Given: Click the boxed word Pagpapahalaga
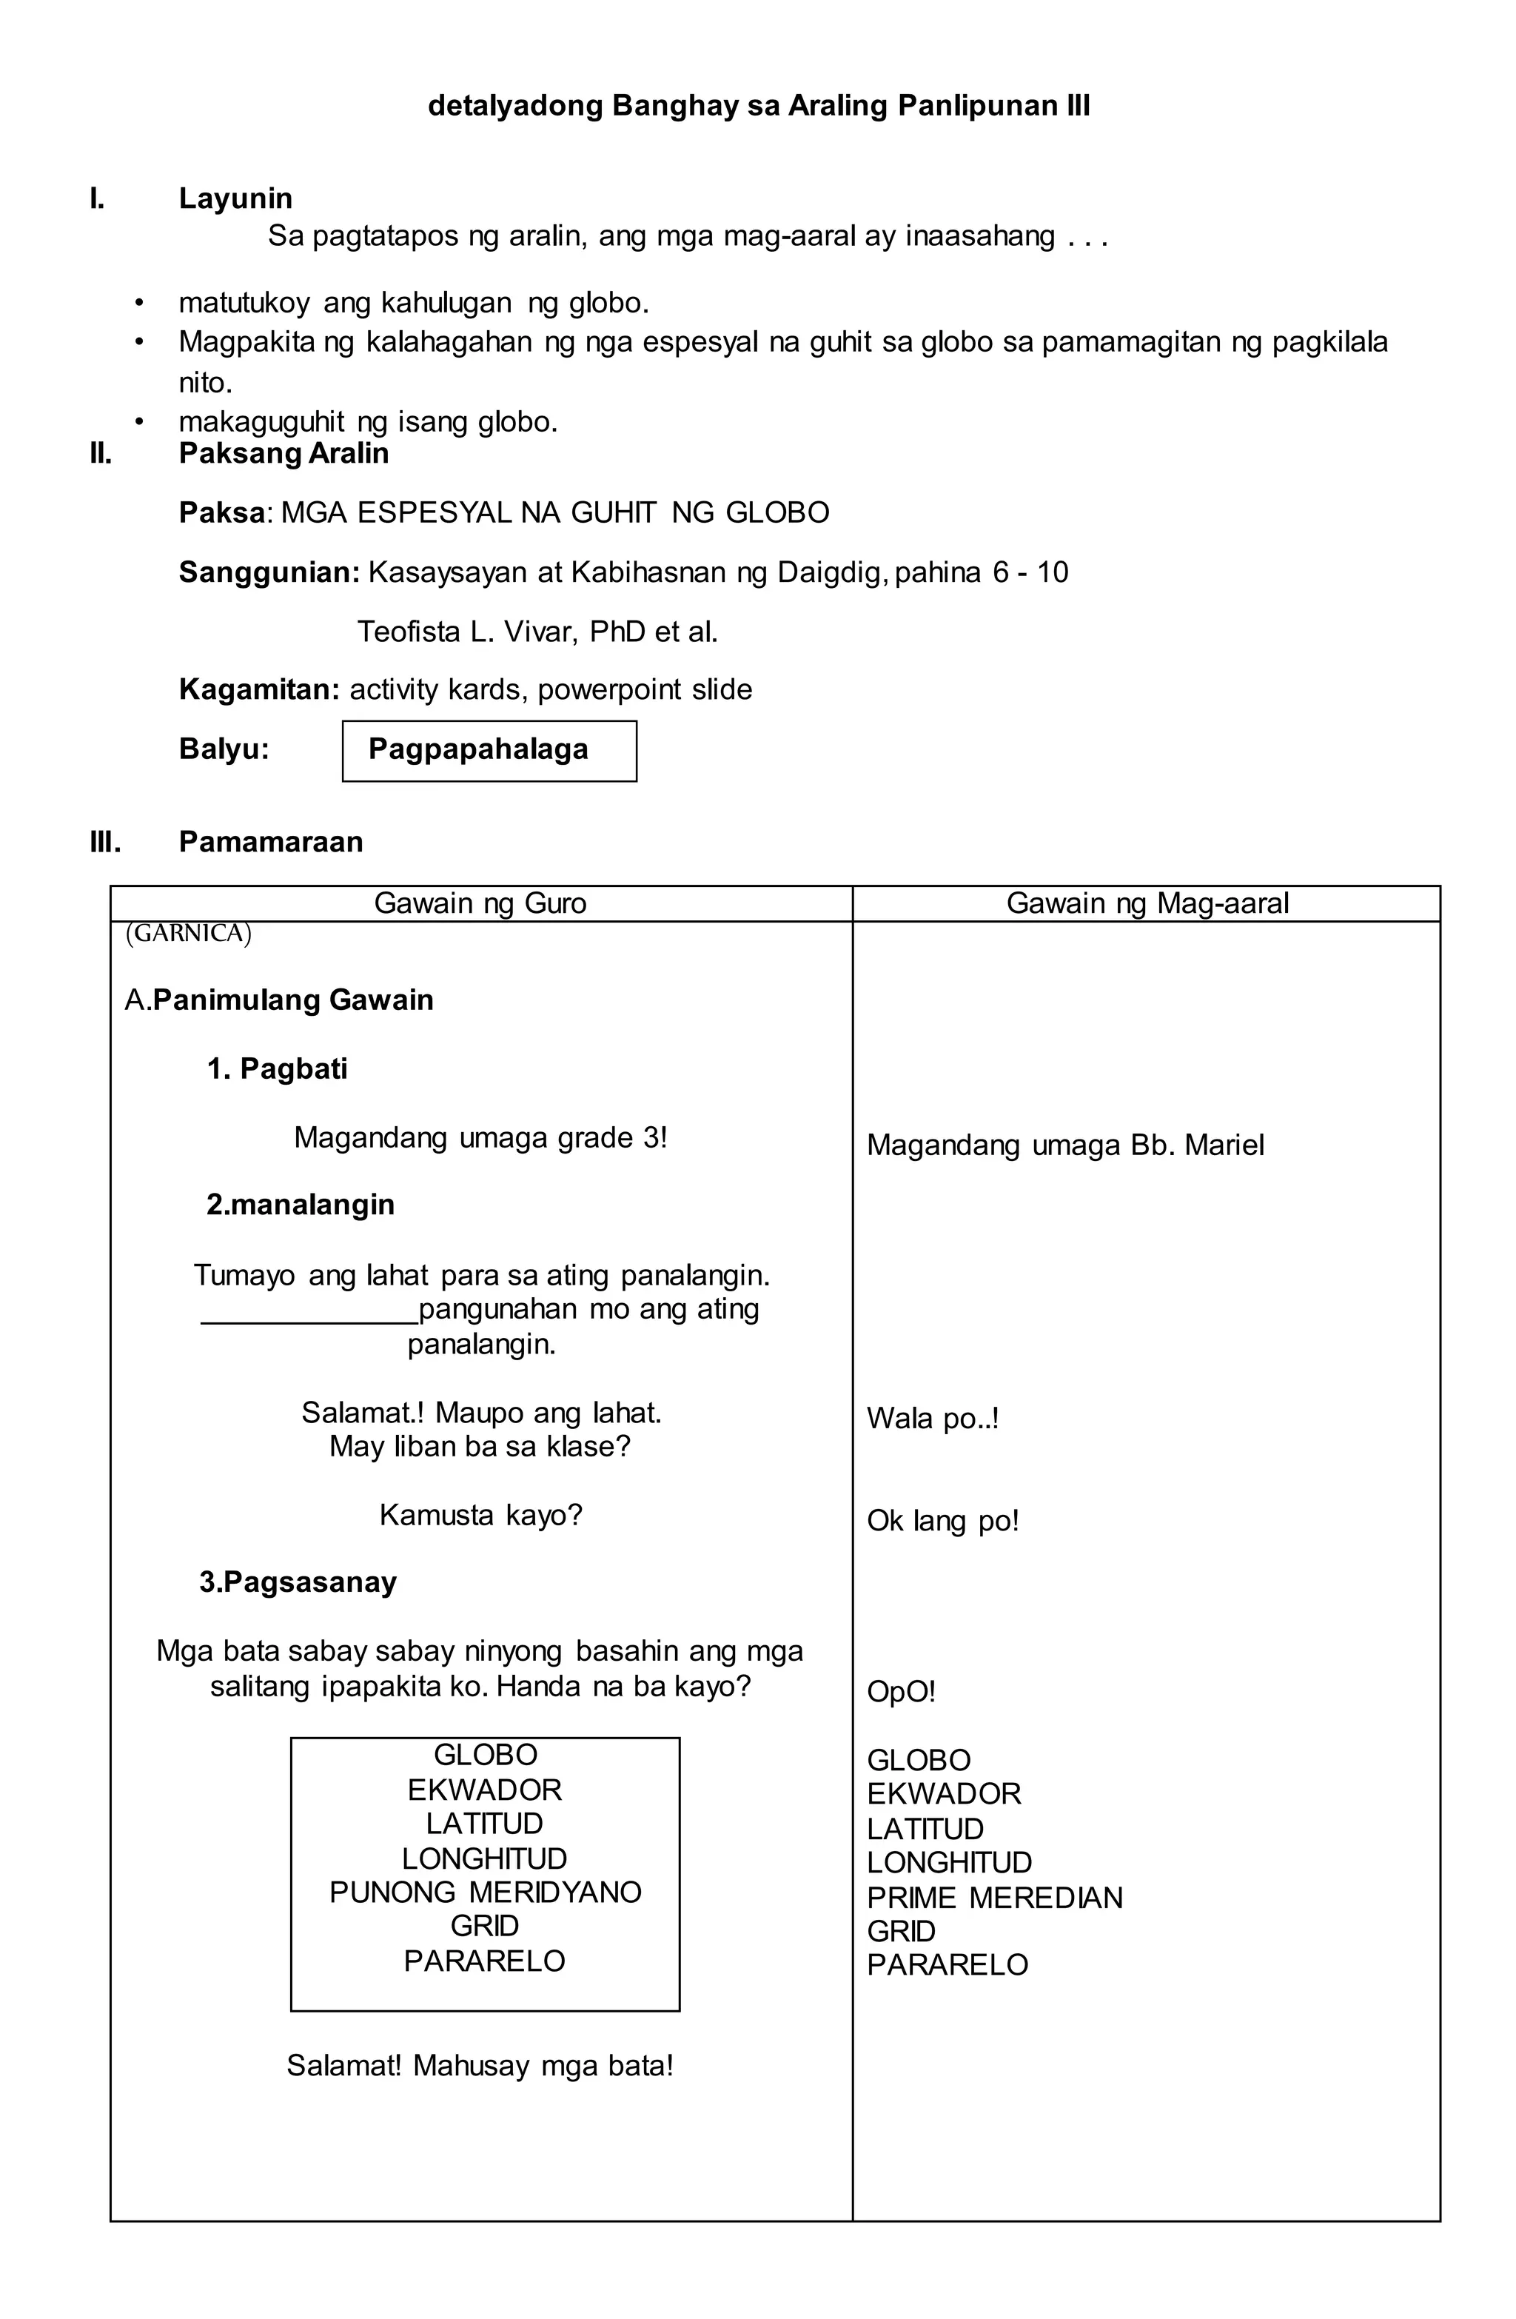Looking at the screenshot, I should coord(477,749).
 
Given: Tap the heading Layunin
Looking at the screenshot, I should coord(235,198).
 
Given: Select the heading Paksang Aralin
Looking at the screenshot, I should coord(284,453).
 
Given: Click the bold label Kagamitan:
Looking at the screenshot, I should coord(259,690).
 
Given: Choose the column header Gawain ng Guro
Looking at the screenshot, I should coord(480,903).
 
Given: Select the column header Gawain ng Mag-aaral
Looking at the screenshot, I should coord(1147,903).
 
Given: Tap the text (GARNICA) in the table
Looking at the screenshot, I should coord(189,934).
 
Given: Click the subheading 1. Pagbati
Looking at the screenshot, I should coord(277,1069).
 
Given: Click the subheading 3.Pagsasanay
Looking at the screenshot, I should coord(298,1582).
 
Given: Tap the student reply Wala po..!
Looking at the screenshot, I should coord(933,1419).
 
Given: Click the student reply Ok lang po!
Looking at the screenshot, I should coord(942,1521).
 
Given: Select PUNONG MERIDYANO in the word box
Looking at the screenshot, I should coord(485,1893).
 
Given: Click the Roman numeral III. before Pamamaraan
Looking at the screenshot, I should coord(105,842).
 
